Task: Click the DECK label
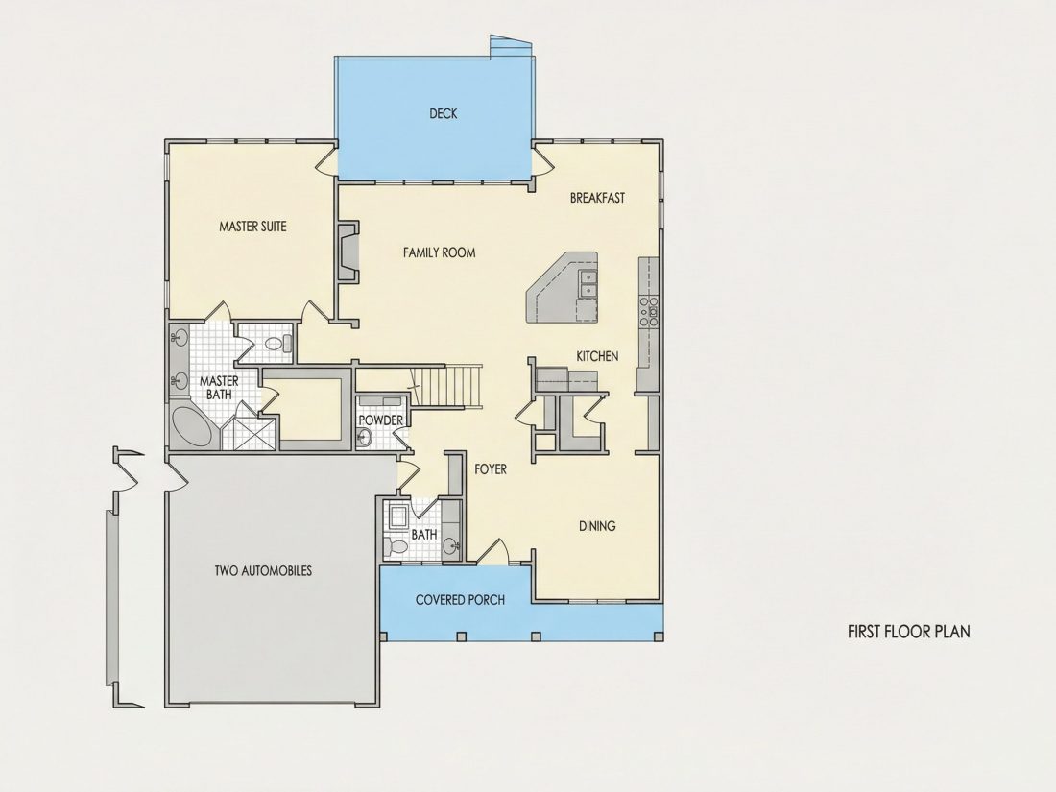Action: (444, 114)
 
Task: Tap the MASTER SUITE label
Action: (252, 227)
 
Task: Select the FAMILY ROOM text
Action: (439, 252)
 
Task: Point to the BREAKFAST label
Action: (597, 198)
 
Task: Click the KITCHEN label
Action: (597, 356)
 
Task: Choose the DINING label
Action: (597, 526)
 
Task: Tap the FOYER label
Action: (491, 469)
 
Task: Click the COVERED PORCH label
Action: (460, 599)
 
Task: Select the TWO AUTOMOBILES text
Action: (263, 571)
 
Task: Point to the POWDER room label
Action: (380, 420)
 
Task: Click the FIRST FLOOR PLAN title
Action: (908, 632)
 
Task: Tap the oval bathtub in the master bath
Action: (193, 425)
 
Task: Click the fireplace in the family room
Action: (348, 252)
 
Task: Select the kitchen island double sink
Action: (588, 282)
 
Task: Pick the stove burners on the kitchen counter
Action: (649, 311)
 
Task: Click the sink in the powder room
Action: (364, 439)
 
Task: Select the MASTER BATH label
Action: (219, 388)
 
